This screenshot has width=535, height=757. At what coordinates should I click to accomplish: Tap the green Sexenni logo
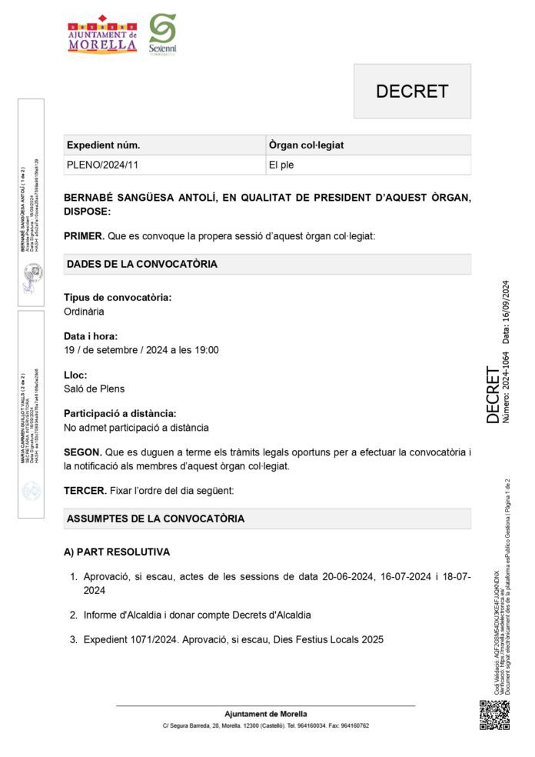tap(162, 33)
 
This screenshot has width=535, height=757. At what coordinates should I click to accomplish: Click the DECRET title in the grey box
tap(411, 91)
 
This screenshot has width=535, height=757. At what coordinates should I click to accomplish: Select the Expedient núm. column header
tap(104, 145)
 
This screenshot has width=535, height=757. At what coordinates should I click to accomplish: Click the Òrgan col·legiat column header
tap(306, 145)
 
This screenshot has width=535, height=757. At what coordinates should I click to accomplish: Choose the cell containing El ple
tap(281, 165)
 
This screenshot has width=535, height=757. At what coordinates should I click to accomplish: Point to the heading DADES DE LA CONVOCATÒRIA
tap(142, 264)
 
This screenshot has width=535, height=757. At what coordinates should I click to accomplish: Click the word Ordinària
tap(84, 312)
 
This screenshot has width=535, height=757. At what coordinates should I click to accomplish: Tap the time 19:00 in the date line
tap(206, 350)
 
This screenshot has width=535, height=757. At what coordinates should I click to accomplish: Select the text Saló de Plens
tap(94, 389)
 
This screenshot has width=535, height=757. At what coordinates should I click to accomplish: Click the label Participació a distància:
tap(120, 413)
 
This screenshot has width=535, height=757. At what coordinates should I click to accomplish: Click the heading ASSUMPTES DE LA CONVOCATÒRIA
tap(155, 519)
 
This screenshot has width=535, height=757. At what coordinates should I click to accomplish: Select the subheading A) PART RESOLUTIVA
tap(117, 552)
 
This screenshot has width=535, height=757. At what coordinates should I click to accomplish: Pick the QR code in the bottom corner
tap(494, 715)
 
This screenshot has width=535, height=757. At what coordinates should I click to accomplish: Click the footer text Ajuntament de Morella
tap(265, 714)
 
